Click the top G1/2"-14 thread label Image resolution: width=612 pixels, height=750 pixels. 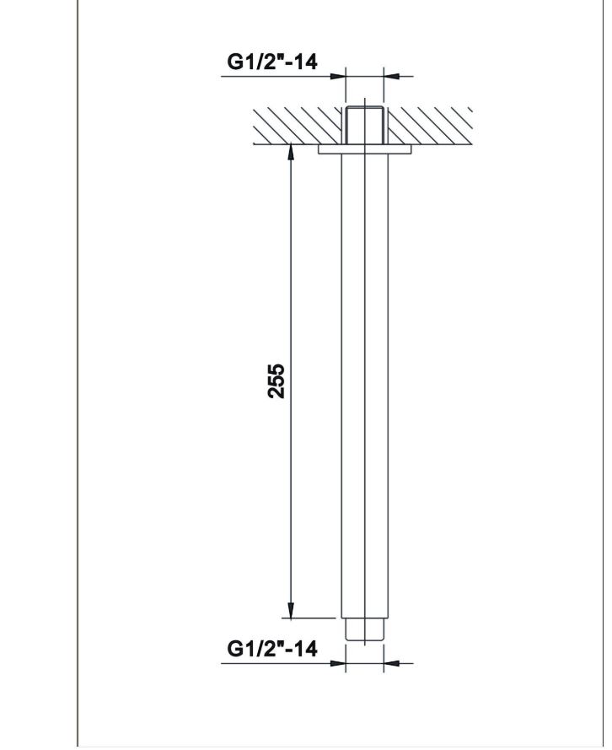pyautogui.click(x=271, y=62)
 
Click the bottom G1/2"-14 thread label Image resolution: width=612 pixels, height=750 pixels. pyautogui.click(x=271, y=649)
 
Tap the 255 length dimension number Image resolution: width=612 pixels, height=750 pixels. pyautogui.click(x=276, y=380)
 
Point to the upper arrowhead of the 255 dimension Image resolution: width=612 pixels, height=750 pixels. pyautogui.click(x=291, y=152)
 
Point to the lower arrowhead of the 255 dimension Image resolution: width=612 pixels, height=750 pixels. pyautogui.click(x=291, y=611)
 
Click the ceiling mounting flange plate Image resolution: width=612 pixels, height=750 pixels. pyautogui.click(x=364, y=149)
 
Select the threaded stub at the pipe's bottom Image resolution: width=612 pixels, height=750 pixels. pyautogui.click(x=364, y=629)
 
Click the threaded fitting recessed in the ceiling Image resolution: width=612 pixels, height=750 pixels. pyautogui.click(x=364, y=125)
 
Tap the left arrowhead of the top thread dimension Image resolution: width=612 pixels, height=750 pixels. pyautogui.click(x=337, y=76)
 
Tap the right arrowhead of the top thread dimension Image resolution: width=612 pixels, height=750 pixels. pyautogui.click(x=392, y=76)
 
